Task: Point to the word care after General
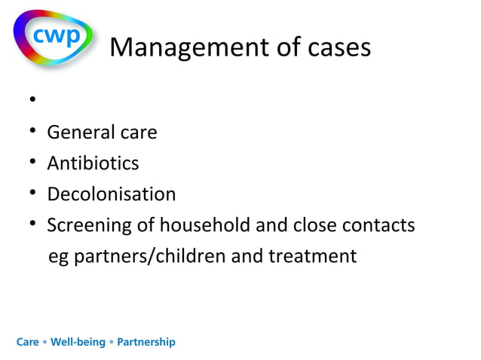[x=139, y=133]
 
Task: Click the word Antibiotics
[x=93, y=163]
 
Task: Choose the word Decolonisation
[x=111, y=194]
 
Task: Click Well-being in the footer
[x=78, y=342]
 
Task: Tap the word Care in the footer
[x=28, y=342]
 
